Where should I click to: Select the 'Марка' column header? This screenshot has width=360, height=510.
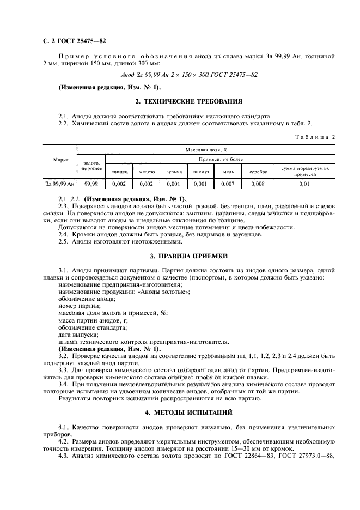click(x=61, y=160)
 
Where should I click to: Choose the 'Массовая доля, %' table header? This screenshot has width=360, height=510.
click(x=206, y=149)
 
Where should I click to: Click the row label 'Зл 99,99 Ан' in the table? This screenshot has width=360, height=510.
click(x=60, y=184)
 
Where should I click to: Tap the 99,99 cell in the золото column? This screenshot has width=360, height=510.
click(x=91, y=184)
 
